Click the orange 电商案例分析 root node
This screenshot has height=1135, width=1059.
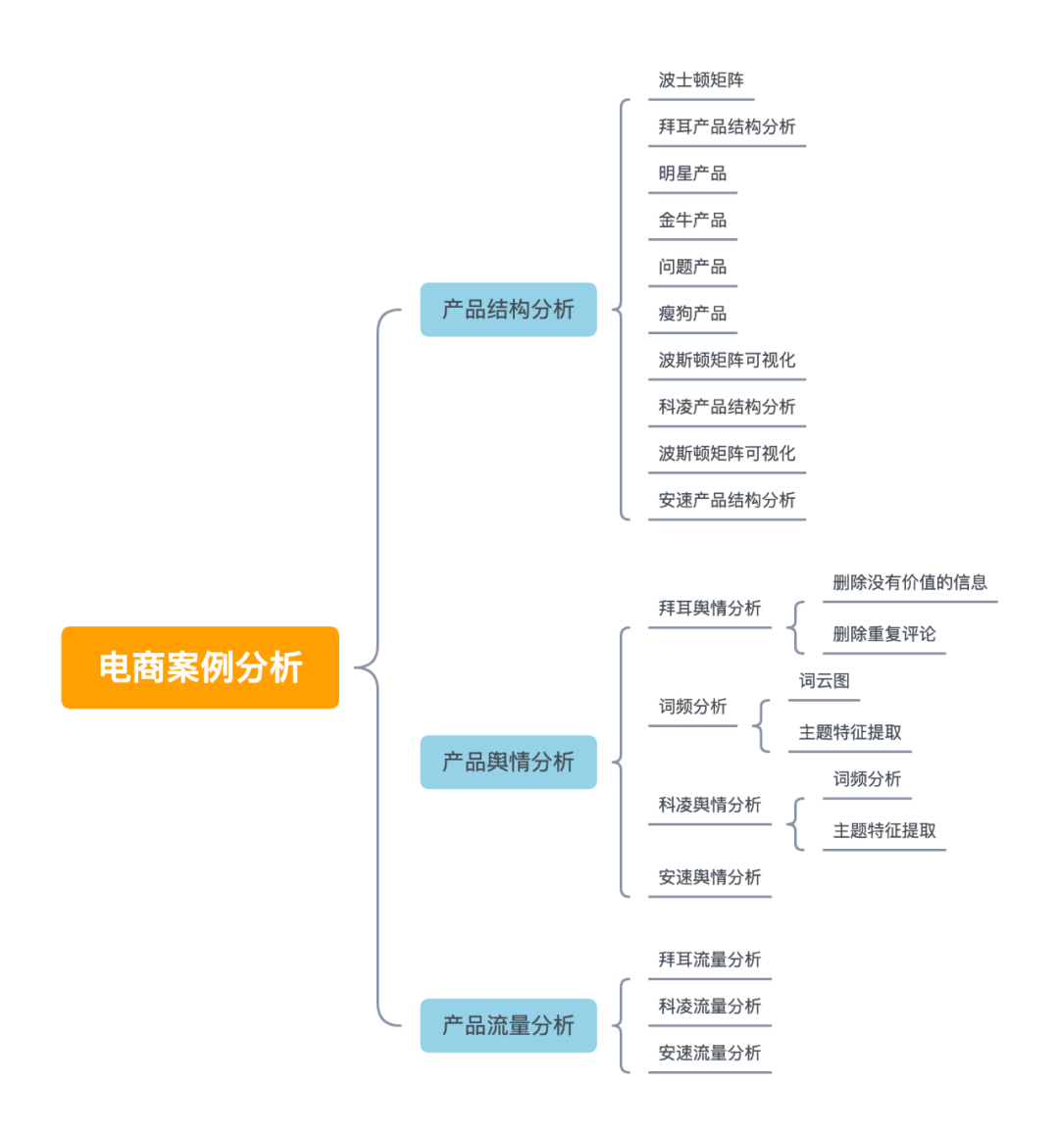(x=200, y=667)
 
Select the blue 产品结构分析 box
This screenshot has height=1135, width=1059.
(x=508, y=310)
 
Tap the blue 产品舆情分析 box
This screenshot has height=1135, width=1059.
(x=508, y=762)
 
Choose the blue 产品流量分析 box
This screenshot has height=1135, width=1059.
(x=508, y=1025)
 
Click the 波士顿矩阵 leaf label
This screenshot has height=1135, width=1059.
(x=701, y=80)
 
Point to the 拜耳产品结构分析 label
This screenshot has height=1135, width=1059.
(x=727, y=126)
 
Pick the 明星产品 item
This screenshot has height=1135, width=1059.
(x=692, y=173)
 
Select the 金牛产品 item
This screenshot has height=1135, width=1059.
(x=692, y=220)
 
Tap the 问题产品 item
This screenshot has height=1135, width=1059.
(x=692, y=267)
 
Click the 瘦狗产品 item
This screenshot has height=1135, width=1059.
(x=692, y=314)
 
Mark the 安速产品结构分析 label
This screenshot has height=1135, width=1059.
(x=727, y=500)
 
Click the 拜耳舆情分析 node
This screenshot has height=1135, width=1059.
(x=710, y=608)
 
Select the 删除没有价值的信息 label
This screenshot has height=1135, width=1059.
(x=910, y=582)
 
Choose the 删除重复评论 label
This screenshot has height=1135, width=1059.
(x=884, y=634)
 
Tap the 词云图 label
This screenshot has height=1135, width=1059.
(x=824, y=681)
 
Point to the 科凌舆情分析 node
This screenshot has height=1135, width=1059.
(x=710, y=805)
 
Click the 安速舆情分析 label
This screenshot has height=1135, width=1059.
(x=710, y=877)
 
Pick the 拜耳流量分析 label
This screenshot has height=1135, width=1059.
(x=710, y=960)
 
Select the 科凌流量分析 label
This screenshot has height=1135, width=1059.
(x=710, y=1006)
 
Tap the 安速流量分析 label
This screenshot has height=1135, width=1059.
(x=710, y=1053)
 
